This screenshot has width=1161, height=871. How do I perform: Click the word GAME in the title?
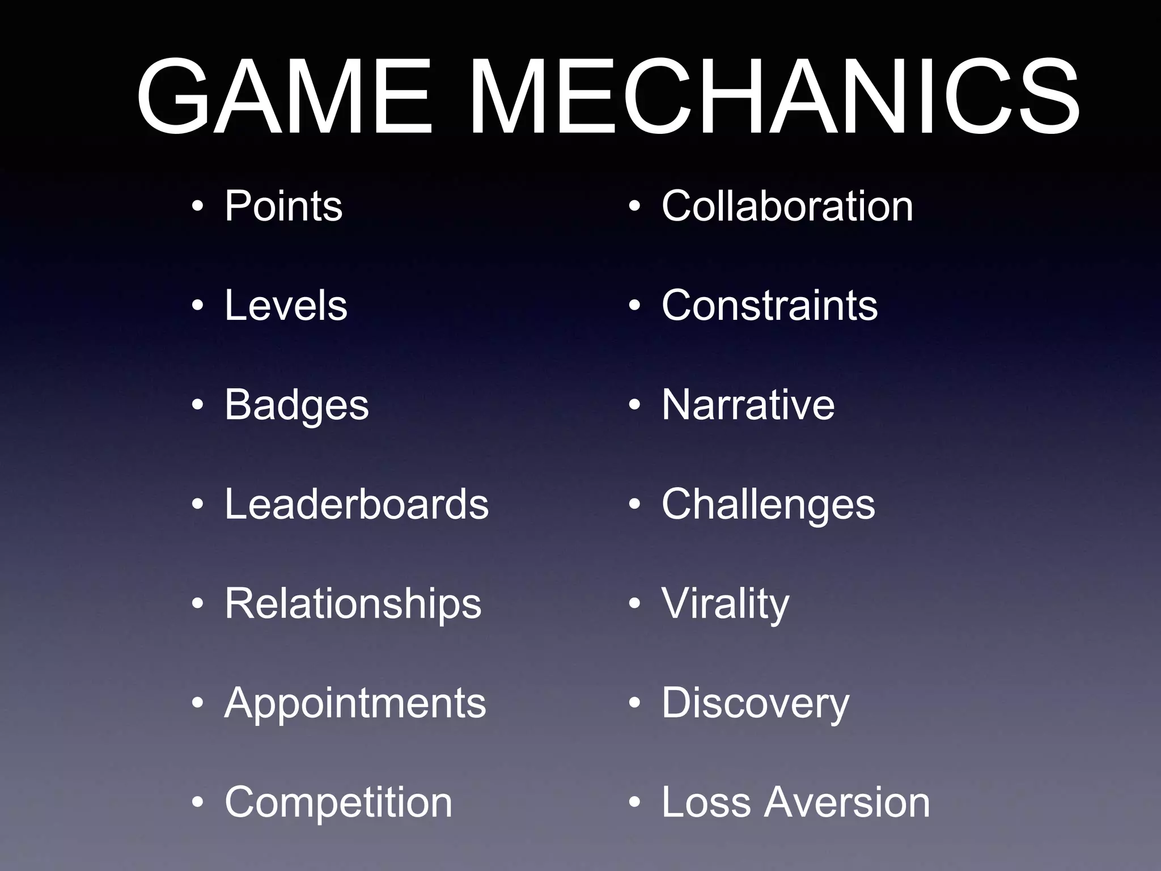[x=284, y=97]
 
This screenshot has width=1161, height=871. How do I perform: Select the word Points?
[x=283, y=206]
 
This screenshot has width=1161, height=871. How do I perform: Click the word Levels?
[x=286, y=306]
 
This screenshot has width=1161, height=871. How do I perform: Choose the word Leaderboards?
[x=357, y=504]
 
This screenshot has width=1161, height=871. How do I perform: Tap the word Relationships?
[x=353, y=604]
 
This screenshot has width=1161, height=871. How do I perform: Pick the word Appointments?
[x=355, y=703]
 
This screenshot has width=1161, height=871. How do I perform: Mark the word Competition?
[x=338, y=802]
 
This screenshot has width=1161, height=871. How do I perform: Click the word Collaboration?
[x=787, y=206]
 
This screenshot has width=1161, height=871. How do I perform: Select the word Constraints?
[x=769, y=306]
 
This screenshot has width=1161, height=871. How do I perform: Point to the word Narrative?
[x=748, y=405]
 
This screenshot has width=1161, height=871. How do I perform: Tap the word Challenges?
[x=768, y=505]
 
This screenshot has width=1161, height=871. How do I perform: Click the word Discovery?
[x=755, y=704]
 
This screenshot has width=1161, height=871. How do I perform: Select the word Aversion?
[x=846, y=802]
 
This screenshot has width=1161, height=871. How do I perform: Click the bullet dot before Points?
[x=197, y=207]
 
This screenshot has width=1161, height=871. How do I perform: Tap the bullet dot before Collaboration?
[x=634, y=207]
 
